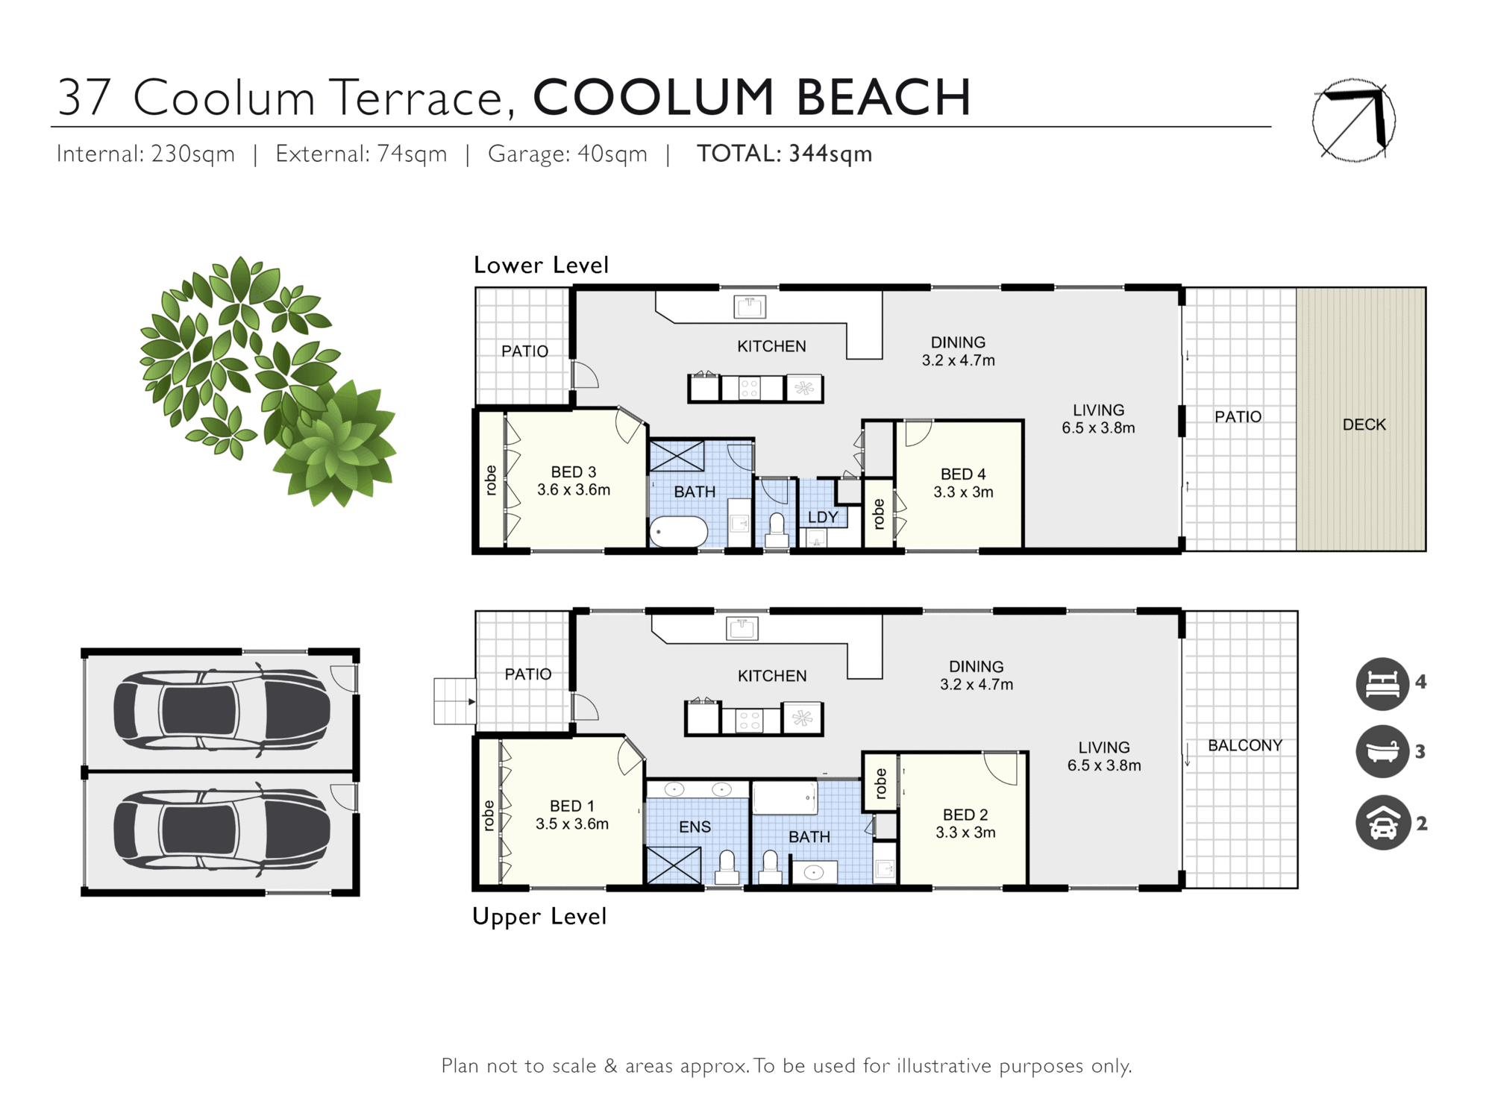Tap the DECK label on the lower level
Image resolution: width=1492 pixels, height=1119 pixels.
tap(1364, 424)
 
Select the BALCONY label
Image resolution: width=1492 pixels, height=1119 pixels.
tap(1244, 745)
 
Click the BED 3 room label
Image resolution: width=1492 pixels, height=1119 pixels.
tap(573, 472)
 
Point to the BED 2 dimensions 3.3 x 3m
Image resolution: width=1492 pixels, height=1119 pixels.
tap(965, 833)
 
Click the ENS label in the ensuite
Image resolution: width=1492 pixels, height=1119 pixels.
tap(695, 827)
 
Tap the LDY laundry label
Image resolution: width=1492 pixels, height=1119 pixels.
tap(823, 517)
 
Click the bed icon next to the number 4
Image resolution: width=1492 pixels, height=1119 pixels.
tap(1382, 683)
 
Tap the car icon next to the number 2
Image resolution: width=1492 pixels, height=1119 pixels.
tap(1382, 823)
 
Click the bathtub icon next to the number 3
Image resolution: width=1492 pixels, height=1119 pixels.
tap(1382, 752)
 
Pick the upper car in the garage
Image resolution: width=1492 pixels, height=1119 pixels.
tap(222, 710)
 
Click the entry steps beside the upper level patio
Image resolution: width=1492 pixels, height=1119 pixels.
tap(454, 701)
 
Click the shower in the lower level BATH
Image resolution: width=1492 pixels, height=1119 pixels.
tap(677, 456)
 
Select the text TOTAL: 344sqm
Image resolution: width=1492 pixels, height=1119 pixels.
tap(783, 154)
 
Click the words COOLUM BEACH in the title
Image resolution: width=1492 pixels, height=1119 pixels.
tap(751, 98)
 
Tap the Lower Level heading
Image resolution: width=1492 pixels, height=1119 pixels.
tap(541, 265)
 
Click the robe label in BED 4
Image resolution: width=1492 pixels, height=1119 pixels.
tap(878, 514)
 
